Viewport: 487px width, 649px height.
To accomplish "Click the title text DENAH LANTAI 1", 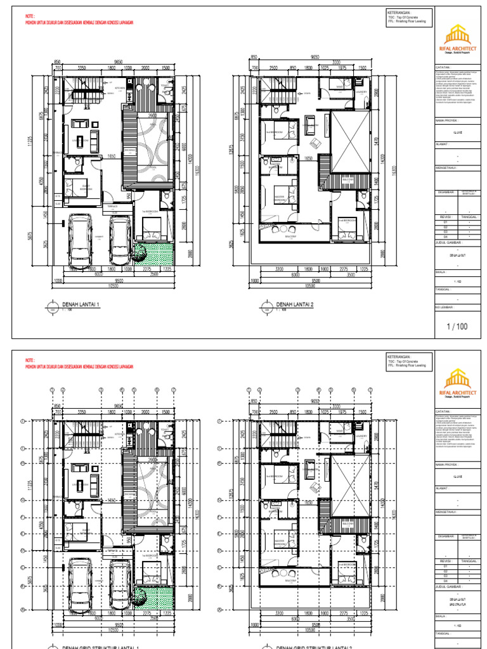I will [x=82, y=304].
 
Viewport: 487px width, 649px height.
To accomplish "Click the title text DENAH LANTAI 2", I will [x=295, y=304].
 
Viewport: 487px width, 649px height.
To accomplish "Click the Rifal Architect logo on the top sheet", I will [x=458, y=38].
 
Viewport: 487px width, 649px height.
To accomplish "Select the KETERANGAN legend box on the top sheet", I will [x=408, y=17].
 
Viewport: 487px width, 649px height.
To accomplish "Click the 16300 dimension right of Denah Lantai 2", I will [x=394, y=171].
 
